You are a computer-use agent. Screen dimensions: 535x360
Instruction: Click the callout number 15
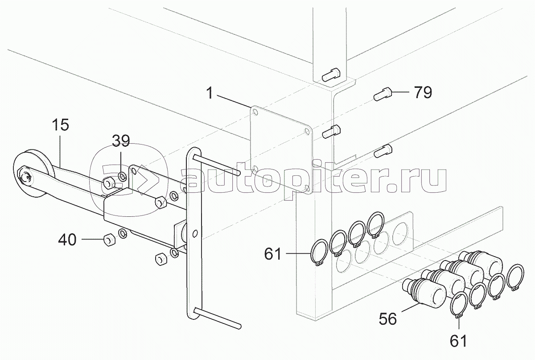pyautogui.click(x=61, y=125)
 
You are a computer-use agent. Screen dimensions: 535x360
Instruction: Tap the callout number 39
pyautogui.click(x=121, y=141)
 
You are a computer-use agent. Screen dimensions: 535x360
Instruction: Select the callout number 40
pyautogui.click(x=67, y=240)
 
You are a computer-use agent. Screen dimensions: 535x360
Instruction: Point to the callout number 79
pyautogui.click(x=423, y=92)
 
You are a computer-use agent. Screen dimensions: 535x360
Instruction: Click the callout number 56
pyautogui.click(x=388, y=319)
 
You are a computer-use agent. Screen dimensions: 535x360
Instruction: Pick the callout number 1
pyautogui.click(x=210, y=93)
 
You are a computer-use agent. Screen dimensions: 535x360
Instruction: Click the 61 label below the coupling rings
pyautogui.click(x=458, y=341)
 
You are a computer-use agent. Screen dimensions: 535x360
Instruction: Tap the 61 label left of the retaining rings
pyautogui.click(x=273, y=254)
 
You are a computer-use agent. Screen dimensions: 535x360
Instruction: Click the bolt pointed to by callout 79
pyautogui.click(x=383, y=94)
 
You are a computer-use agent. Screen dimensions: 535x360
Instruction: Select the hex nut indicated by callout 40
pyautogui.click(x=109, y=240)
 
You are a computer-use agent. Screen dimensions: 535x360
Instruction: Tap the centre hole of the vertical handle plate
pyautogui.click(x=195, y=234)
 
